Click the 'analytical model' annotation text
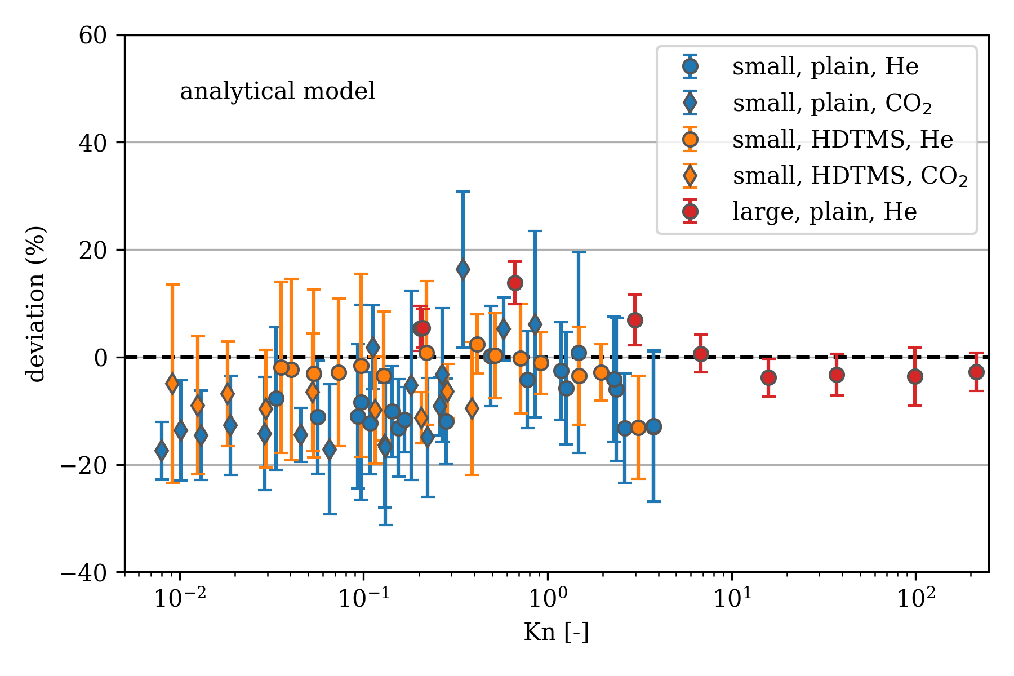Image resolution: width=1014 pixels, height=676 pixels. pos(277,91)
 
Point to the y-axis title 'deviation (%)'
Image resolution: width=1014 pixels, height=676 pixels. pos(37,304)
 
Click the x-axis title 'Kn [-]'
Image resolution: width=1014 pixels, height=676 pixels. pos(556,632)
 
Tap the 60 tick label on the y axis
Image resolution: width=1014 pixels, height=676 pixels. pos(92,35)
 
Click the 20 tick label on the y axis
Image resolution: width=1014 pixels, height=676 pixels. pos(92,250)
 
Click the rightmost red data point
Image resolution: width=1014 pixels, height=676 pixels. pos(976,372)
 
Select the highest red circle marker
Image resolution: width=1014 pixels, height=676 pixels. pos(515,283)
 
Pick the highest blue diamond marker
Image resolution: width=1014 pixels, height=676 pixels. pos(463,269)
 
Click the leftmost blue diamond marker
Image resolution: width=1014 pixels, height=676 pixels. pos(162,451)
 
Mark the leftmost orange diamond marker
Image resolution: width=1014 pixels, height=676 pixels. pos(172,384)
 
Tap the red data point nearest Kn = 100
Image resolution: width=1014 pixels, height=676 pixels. pos(915,376)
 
